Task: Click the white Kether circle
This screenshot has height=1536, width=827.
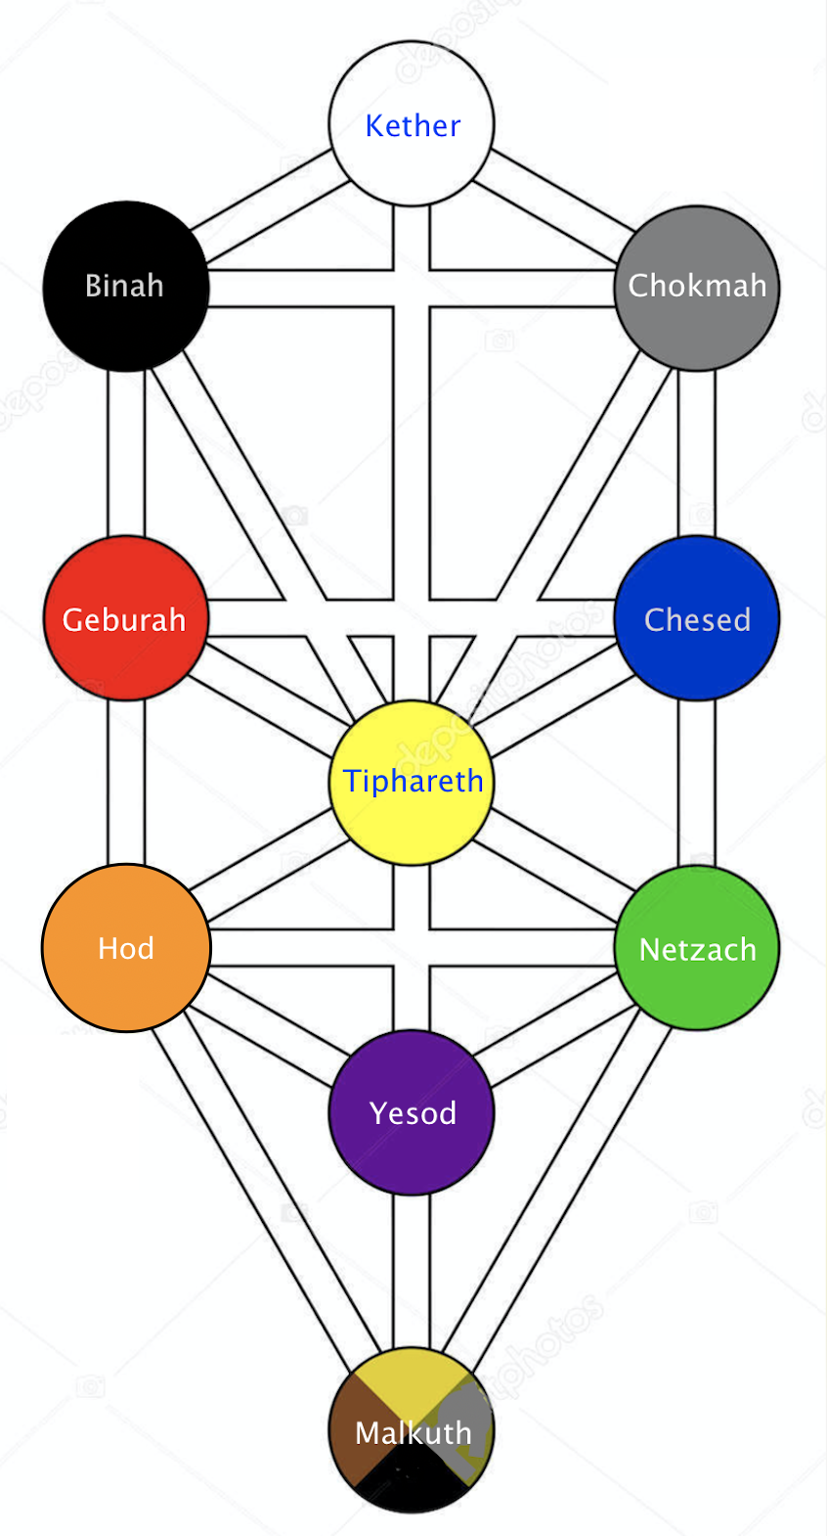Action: click(412, 123)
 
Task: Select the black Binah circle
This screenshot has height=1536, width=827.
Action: click(126, 286)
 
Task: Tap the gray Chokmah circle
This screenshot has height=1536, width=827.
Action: click(697, 288)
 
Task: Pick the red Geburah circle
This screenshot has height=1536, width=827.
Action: click(126, 618)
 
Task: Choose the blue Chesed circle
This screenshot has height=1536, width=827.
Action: click(697, 618)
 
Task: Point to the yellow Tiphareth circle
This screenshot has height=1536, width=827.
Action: click(412, 783)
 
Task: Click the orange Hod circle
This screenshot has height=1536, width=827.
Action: click(126, 948)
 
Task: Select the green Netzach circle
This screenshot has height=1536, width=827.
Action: click(697, 948)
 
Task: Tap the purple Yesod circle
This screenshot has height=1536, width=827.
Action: click(412, 1112)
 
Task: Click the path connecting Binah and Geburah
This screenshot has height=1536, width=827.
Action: click(126, 453)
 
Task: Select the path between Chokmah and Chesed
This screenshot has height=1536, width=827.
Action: click(697, 453)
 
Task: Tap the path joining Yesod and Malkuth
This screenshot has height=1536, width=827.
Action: click(412, 1271)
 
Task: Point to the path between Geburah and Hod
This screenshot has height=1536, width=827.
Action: click(126, 783)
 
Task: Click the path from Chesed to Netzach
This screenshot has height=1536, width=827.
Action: click(697, 783)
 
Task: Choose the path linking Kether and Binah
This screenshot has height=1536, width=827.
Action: click(269, 205)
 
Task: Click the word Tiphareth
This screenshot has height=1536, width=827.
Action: click(413, 781)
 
